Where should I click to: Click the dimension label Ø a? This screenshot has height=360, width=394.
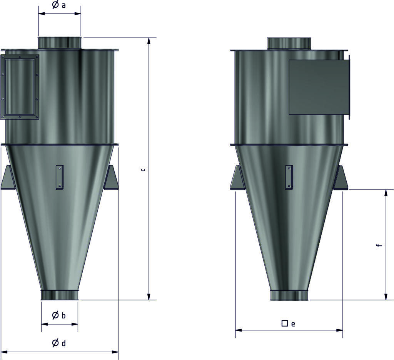click(x=59, y=5)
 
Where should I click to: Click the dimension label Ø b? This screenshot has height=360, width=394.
click(x=59, y=315)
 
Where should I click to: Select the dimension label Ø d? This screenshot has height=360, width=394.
click(x=59, y=343)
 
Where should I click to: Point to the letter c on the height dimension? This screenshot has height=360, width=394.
click(x=143, y=170)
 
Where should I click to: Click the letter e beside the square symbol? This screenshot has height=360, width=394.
click(x=293, y=324)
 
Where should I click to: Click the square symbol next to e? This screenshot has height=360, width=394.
click(x=285, y=323)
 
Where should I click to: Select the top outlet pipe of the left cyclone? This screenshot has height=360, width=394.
click(x=60, y=43)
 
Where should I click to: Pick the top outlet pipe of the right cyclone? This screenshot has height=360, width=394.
click(x=289, y=44)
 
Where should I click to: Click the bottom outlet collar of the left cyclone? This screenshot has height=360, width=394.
click(x=60, y=295)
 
